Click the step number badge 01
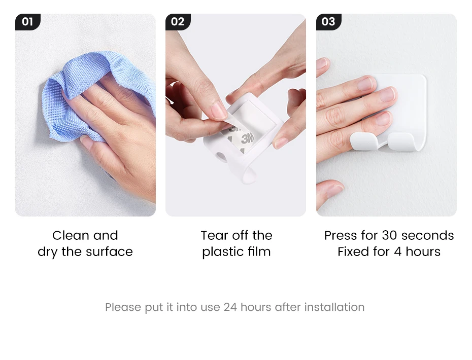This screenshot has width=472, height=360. [x=28, y=22]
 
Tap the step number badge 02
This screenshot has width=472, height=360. [x=178, y=22]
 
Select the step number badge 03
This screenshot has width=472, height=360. [x=328, y=22]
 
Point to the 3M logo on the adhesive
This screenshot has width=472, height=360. [x=248, y=138]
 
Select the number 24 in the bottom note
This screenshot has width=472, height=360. [x=230, y=307]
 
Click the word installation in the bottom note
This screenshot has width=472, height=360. [x=334, y=307]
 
